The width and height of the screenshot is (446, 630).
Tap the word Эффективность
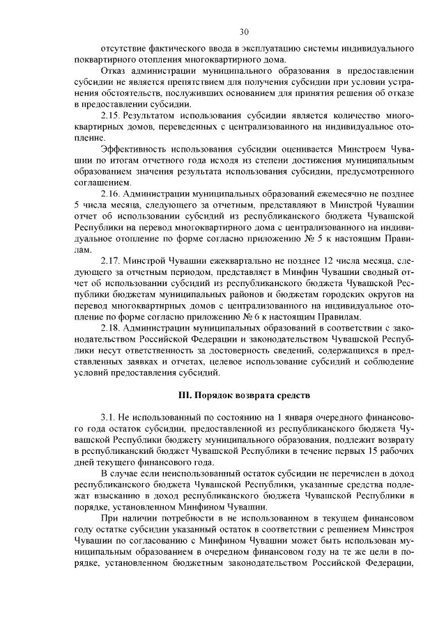[x=135, y=149]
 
